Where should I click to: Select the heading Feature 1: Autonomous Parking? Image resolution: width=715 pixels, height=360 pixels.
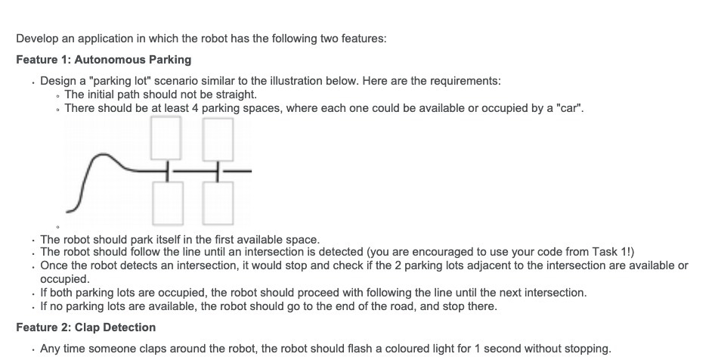tap(104, 60)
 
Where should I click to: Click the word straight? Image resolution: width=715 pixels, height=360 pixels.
tap(235, 95)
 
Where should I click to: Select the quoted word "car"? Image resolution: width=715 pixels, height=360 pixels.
tap(569, 108)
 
